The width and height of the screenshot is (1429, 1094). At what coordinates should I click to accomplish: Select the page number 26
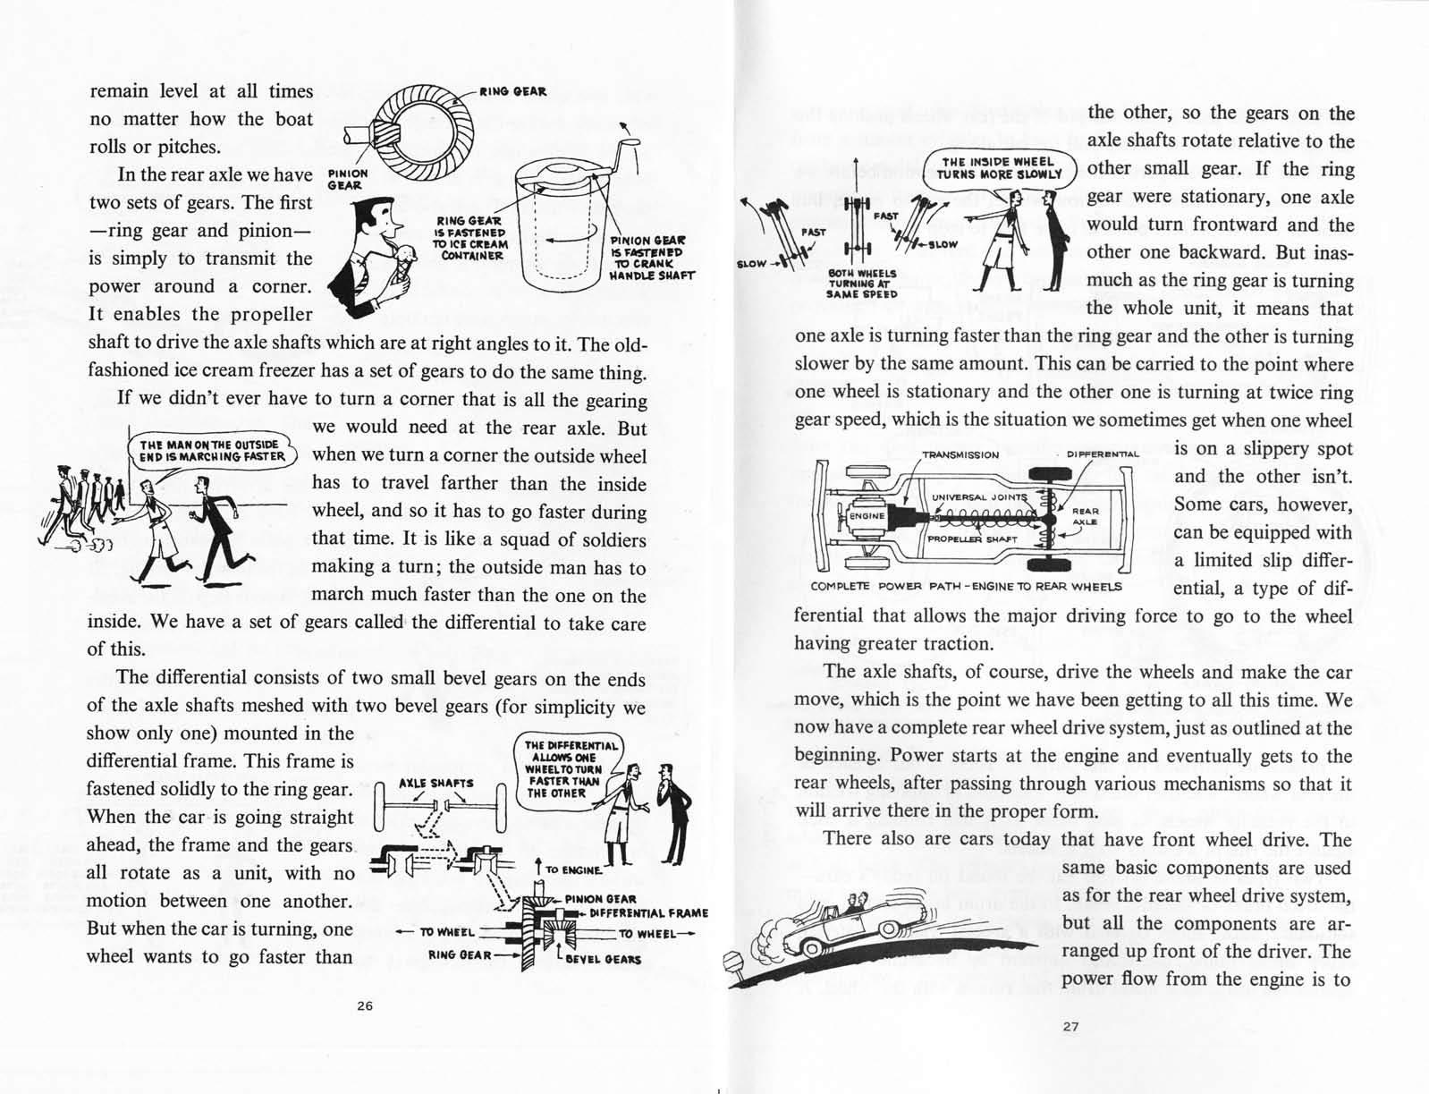click(x=365, y=1005)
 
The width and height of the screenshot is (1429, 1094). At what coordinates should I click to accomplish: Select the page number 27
click(x=1070, y=1026)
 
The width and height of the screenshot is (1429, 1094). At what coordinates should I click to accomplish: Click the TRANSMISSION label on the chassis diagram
click(x=960, y=454)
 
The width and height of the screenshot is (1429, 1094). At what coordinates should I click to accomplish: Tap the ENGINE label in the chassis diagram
click(x=866, y=516)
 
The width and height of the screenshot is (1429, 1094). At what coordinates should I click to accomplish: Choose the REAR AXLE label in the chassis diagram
click(x=1085, y=516)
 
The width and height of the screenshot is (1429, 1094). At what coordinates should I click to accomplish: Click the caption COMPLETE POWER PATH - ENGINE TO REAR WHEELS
click(x=966, y=587)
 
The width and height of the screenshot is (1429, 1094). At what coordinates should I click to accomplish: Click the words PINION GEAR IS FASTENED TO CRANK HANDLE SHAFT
click(x=650, y=258)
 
